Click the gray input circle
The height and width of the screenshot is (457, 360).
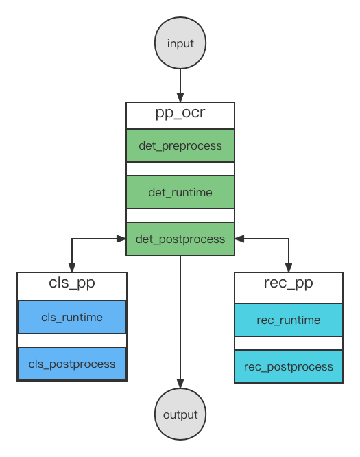pos(180,43)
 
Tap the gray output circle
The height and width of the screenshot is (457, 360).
pos(180,414)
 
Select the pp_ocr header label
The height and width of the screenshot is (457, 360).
pos(180,113)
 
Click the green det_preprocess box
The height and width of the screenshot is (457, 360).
pos(180,145)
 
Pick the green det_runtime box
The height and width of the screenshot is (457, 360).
pos(180,192)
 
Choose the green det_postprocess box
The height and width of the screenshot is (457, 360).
pos(180,239)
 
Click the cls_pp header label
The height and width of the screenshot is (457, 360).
pos(72,283)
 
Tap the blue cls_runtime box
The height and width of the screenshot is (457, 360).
pos(72,317)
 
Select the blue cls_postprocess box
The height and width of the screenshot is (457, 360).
pos(72,364)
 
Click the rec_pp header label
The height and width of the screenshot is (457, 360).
pos(289,283)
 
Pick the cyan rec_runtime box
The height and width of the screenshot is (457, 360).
pos(289,320)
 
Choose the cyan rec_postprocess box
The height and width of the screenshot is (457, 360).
pos(289,366)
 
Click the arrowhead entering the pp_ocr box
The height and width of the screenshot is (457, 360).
pos(180,97)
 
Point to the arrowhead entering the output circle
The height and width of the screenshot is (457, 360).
pos(180,384)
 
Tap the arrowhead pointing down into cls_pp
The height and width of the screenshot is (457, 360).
pos(72,268)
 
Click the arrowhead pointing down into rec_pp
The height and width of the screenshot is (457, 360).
pos(289,268)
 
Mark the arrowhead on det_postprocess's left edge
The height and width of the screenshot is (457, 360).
pos(121,239)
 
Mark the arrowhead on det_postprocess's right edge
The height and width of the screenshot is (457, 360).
pos(239,239)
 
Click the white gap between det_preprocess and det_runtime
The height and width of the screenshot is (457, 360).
pos(180,169)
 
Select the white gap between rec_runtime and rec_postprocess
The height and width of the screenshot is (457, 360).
pos(289,343)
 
